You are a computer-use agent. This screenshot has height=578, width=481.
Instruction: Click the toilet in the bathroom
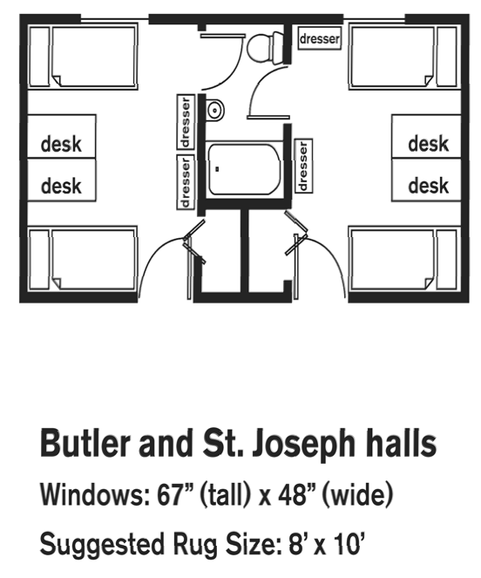click(266, 47)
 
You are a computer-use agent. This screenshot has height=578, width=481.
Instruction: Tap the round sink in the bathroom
click(214, 110)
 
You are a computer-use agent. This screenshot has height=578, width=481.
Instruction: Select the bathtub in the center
click(244, 169)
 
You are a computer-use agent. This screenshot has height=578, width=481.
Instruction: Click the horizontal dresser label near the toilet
click(319, 38)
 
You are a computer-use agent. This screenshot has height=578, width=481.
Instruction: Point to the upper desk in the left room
click(62, 137)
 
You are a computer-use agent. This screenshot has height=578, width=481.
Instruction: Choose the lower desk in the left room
click(62, 180)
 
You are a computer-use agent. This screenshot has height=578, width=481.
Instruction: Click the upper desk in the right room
click(426, 137)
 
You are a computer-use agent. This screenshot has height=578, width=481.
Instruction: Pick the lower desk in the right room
click(426, 180)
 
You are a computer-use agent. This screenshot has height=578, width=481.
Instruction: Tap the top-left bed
click(83, 57)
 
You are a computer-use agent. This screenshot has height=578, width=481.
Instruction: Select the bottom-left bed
click(83, 259)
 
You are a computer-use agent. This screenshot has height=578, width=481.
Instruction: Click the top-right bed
click(404, 57)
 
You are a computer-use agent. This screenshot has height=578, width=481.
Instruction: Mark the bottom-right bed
click(404, 259)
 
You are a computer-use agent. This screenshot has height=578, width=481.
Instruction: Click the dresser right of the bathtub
click(304, 166)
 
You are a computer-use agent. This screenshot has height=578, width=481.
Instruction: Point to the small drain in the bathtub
click(217, 169)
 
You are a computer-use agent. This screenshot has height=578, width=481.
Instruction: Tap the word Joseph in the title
click(303, 445)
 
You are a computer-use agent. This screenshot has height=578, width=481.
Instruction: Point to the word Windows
click(92, 494)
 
